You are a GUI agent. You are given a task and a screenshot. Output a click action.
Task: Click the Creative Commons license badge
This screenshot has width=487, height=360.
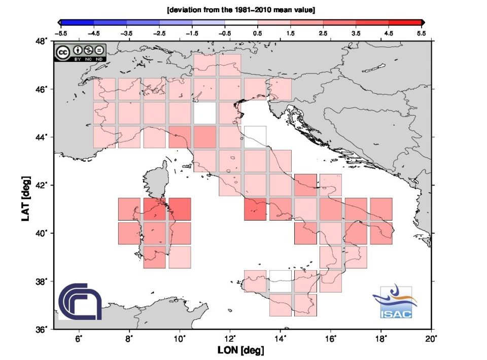coord(80,53)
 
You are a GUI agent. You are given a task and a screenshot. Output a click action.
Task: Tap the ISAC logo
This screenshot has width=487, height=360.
coord(396,303)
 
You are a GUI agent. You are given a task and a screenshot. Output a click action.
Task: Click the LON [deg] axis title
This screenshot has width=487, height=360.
coord(240,350)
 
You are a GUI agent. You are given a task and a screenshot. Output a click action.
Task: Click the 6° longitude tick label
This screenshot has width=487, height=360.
coord(79,338)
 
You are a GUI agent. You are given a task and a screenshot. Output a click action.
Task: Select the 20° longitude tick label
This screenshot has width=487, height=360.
coord(432,338)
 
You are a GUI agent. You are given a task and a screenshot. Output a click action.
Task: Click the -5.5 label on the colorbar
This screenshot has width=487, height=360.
coord(62,32)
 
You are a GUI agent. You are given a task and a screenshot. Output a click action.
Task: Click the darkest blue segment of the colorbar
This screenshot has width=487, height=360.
coord(77,22)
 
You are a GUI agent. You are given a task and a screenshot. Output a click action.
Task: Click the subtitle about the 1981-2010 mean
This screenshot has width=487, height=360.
coord(241,10)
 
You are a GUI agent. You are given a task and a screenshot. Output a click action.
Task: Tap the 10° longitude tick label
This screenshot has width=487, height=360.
coord(180,338)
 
